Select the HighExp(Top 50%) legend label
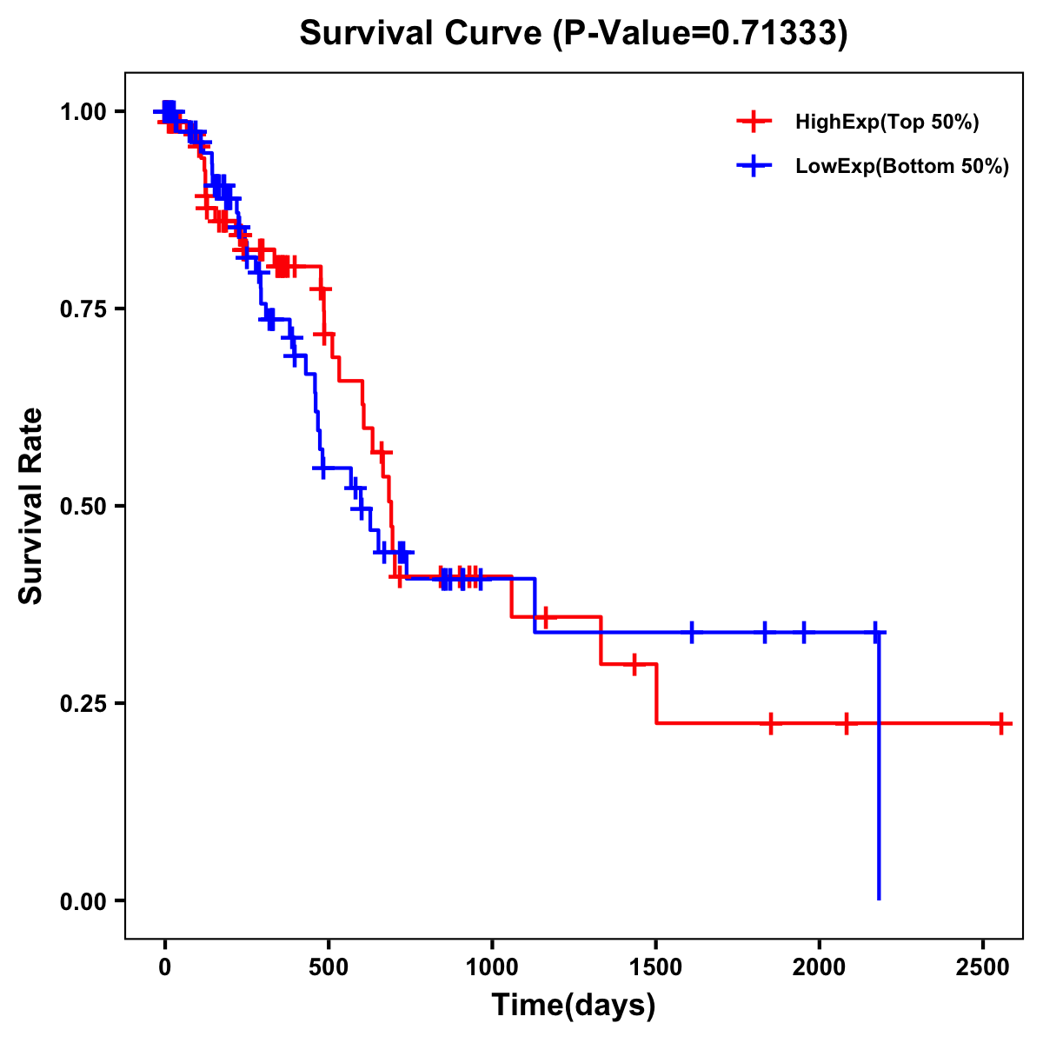tap(887, 123)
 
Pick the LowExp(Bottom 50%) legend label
tap(902, 167)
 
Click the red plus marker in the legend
tap(754, 123)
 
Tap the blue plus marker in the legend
tap(754, 167)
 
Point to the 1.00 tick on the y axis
tap(85, 112)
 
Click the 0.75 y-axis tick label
tap(85, 309)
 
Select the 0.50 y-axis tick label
tap(85, 507)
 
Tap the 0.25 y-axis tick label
tap(85, 704)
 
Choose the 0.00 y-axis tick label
tap(85, 901)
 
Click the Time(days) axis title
tap(573, 1006)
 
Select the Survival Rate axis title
tap(31, 506)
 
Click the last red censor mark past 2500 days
tap(1001, 723)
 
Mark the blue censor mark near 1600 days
tap(692, 632)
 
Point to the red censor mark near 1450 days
tap(634, 664)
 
